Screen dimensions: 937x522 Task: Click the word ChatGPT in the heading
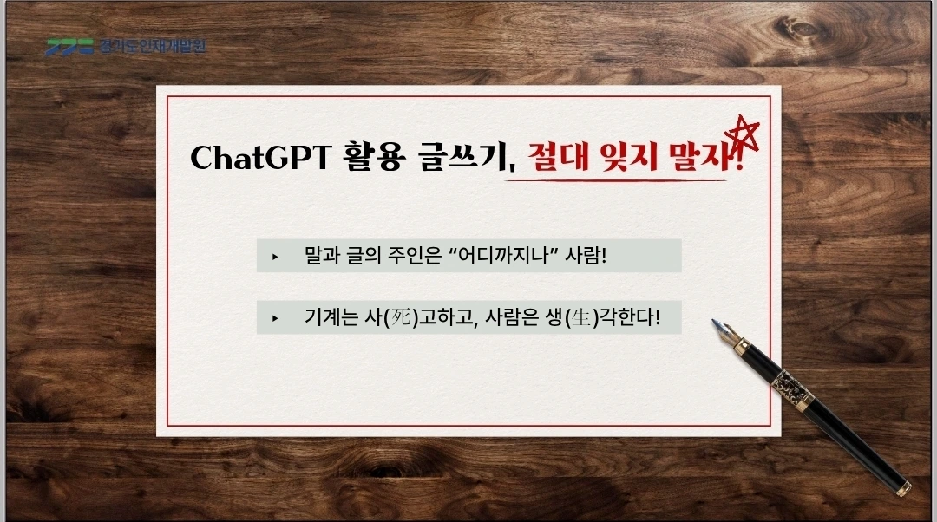pos(260,157)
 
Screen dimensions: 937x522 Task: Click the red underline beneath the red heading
pos(615,179)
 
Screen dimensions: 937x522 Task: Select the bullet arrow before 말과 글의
pos(275,257)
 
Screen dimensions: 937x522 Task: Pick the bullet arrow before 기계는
pos(275,318)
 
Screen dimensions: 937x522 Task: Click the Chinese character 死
pos(400,317)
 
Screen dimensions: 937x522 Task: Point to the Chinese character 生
pos(580,317)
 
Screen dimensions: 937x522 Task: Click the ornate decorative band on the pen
pos(793,389)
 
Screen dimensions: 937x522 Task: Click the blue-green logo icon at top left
pos(70,47)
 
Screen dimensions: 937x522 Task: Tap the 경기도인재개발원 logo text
pos(153,46)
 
